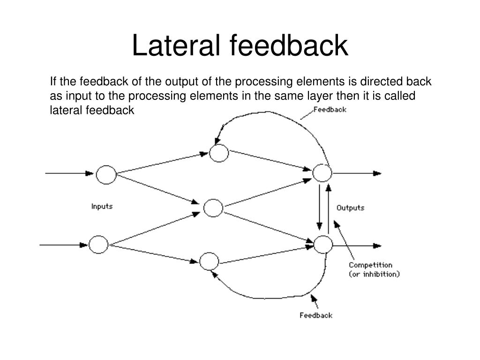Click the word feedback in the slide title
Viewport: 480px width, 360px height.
[x=289, y=46]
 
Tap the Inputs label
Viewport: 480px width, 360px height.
[x=102, y=206]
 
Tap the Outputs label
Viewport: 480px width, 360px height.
[x=350, y=208]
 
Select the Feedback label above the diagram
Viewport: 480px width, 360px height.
[x=330, y=109]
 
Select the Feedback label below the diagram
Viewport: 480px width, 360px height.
[x=316, y=315]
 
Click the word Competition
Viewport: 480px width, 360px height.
[x=370, y=265]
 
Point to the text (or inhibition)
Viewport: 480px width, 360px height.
[x=374, y=274]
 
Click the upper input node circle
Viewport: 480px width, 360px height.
[x=106, y=175]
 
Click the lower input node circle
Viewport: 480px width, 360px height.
[x=98, y=244]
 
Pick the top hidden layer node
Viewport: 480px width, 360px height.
[x=219, y=153]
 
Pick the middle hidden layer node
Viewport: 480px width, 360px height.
[x=213, y=208]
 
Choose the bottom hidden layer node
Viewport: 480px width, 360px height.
[x=209, y=261]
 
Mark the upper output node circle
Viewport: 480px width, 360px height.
[x=322, y=173]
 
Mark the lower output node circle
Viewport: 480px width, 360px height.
[x=323, y=245]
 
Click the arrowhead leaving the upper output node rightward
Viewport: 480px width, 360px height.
[x=377, y=173]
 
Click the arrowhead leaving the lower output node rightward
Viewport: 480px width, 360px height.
[x=377, y=245]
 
